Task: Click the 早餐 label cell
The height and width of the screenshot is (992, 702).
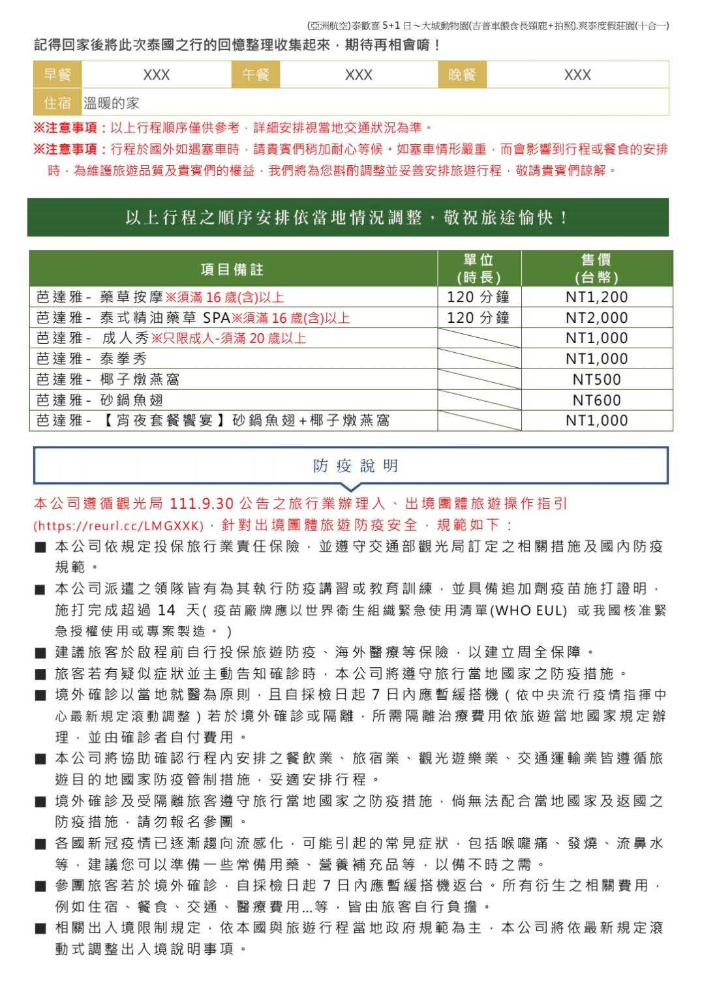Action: [x=57, y=75]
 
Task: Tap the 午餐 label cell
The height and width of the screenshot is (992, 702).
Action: [x=256, y=75]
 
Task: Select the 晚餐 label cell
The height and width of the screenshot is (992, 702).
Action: [x=462, y=75]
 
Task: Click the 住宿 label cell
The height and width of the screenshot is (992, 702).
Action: [x=57, y=103]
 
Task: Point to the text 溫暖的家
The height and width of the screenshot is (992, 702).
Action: [x=112, y=103]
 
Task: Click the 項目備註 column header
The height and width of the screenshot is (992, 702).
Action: [x=232, y=269]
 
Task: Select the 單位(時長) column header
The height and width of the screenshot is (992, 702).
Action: [x=479, y=269]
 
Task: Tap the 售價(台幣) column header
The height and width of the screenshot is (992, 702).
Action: [x=596, y=269]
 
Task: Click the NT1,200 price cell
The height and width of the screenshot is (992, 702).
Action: [x=596, y=297]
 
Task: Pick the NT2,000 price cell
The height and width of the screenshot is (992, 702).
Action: [x=596, y=318]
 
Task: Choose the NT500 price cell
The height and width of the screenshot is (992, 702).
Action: [x=596, y=380]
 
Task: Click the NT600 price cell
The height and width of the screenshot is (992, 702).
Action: [x=596, y=400]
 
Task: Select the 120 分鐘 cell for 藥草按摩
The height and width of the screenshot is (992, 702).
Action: [x=478, y=297]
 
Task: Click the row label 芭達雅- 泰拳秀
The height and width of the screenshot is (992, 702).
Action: [x=91, y=359]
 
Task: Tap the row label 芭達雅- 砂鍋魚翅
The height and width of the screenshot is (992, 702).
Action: [x=99, y=400]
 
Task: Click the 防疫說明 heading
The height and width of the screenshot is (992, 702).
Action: [x=356, y=466]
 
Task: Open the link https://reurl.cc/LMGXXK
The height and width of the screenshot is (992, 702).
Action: [x=118, y=526]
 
